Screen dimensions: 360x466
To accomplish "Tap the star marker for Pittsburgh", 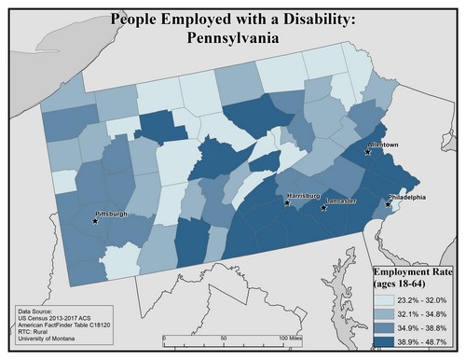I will tap(96, 221).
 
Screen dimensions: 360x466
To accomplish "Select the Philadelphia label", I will tap(406, 197).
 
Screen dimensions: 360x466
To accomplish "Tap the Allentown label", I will tap(384, 146).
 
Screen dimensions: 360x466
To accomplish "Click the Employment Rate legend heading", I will tap(412, 271).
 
